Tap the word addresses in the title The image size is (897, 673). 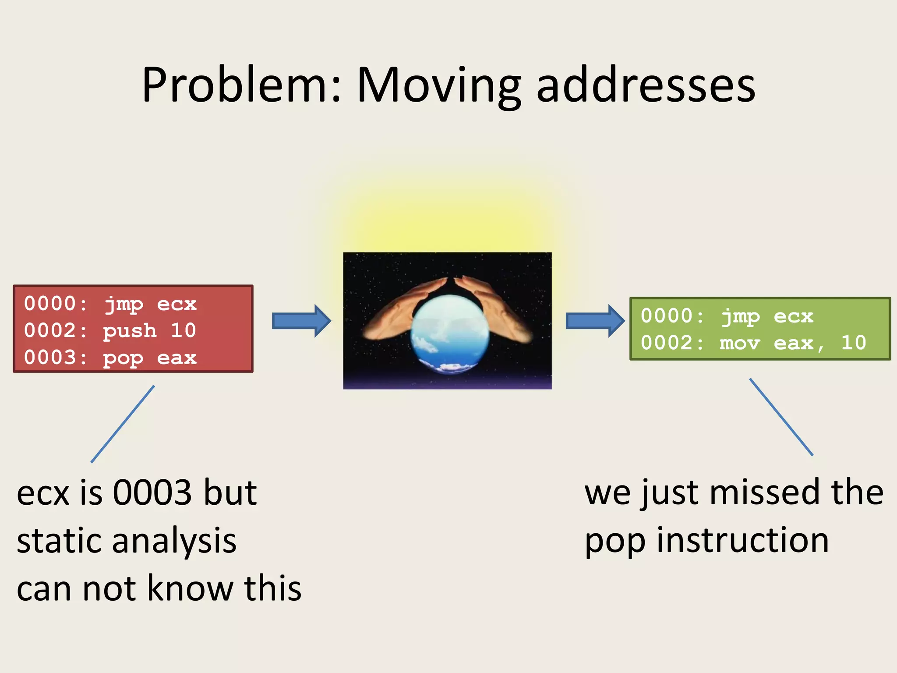click(x=646, y=85)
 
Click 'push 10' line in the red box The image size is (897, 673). click(x=149, y=331)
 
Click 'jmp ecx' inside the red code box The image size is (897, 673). click(x=150, y=304)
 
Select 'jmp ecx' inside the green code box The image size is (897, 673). click(x=767, y=316)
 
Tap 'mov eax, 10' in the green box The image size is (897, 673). click(x=793, y=343)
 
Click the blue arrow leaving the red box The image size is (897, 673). click(x=301, y=321)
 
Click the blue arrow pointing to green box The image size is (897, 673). click(x=595, y=321)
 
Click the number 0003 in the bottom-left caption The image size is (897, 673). click(x=152, y=493)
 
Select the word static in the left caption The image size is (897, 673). click(x=59, y=541)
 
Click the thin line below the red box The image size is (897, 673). click(x=123, y=424)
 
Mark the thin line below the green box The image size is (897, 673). click(x=781, y=417)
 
